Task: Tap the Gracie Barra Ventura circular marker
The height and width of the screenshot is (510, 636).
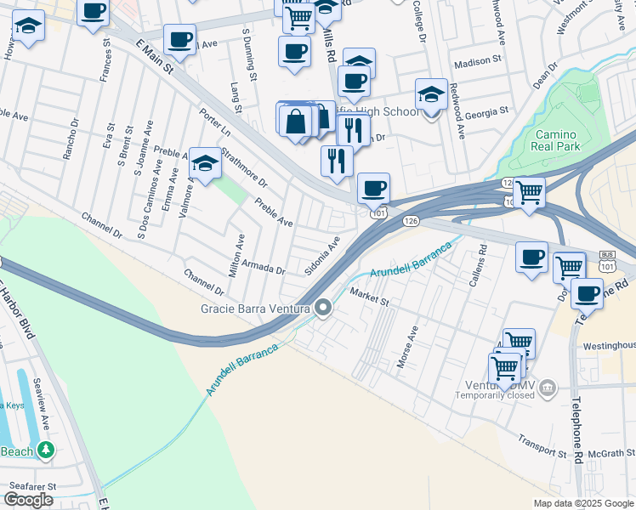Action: click(323, 308)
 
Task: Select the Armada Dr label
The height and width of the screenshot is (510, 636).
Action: click(262, 267)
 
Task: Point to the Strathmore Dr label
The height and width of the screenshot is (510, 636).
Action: click(244, 168)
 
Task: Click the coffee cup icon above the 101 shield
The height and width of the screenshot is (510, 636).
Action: click(372, 188)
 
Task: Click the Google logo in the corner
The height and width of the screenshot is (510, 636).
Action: click(28, 500)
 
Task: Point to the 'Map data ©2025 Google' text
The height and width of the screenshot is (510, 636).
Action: click(582, 503)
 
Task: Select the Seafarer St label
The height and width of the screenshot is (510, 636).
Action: click(31, 486)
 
